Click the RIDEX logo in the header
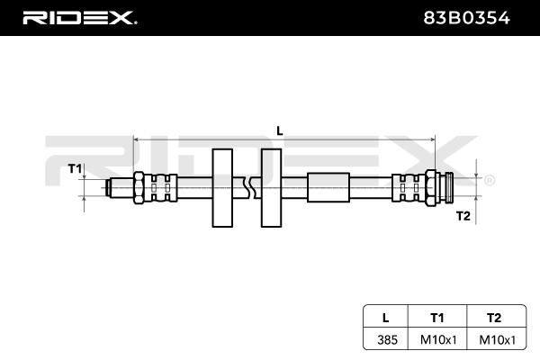(x=79, y=18)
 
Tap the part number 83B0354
(x=466, y=18)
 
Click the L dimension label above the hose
(x=280, y=130)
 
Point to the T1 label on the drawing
(x=75, y=169)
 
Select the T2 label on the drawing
(x=463, y=216)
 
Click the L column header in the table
(x=386, y=318)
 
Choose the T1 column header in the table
(x=437, y=318)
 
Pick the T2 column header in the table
(x=494, y=318)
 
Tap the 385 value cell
(x=387, y=339)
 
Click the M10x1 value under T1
(x=438, y=339)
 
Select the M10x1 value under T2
(x=498, y=339)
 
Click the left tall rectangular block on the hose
(x=222, y=188)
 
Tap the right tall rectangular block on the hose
(x=272, y=188)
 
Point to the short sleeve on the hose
(x=328, y=187)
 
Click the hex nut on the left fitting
(x=139, y=188)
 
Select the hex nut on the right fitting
(x=430, y=188)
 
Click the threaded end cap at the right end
(x=449, y=188)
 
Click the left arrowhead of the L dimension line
(x=136, y=139)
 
